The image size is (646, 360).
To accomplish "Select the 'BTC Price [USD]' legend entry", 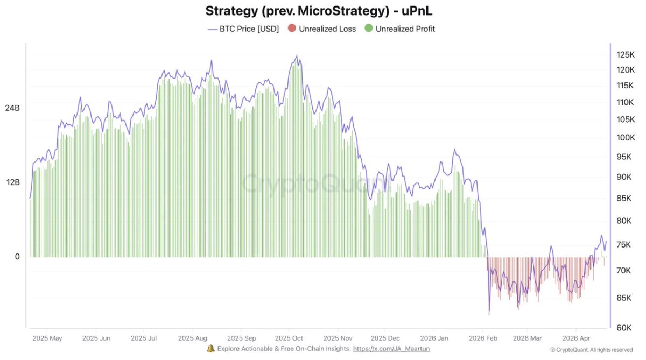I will click(243, 29).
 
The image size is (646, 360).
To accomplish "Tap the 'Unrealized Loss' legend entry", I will click(322, 29).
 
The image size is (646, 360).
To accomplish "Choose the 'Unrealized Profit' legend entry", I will click(400, 29).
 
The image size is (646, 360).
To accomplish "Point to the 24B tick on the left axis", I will click(12, 108).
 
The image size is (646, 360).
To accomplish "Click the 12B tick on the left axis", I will click(12, 182).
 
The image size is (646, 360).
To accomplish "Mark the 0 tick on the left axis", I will click(17, 257).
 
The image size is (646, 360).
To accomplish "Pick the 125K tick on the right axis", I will click(626, 54).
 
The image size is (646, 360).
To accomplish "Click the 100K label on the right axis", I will click(626, 138).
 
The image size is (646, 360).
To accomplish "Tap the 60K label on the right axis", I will click(626, 328).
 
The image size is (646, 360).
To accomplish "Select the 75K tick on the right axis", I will click(626, 245).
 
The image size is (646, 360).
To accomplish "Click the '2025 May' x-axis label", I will click(47, 338).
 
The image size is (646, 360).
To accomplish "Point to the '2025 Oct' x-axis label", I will click(289, 338).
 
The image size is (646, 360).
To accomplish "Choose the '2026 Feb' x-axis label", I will click(483, 338).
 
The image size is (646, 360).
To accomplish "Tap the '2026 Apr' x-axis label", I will click(575, 338).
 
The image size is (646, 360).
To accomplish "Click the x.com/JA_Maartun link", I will click(391, 349).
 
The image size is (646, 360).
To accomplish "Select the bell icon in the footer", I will click(211, 349).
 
